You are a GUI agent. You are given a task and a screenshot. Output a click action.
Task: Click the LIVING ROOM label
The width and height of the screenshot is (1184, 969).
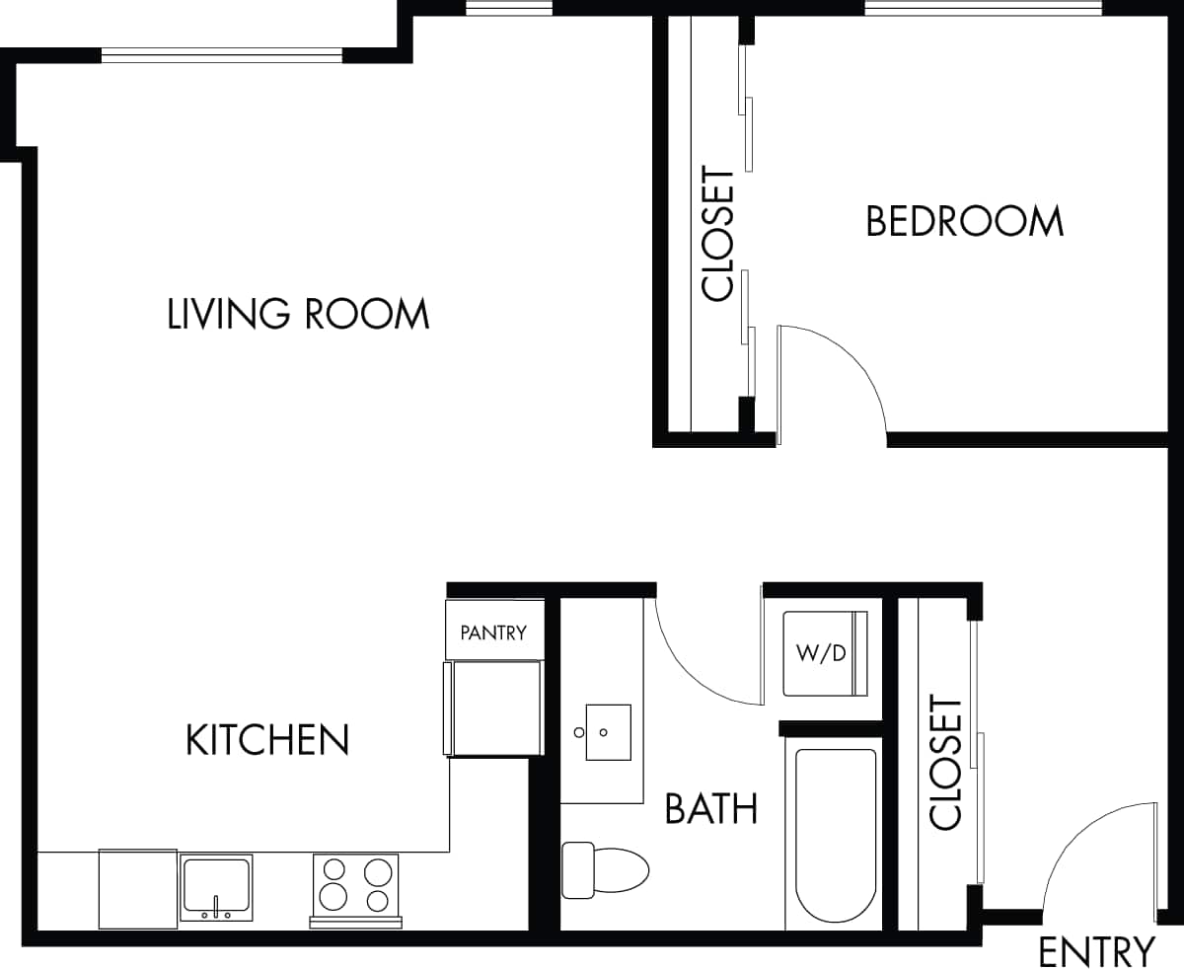pyautogui.click(x=298, y=314)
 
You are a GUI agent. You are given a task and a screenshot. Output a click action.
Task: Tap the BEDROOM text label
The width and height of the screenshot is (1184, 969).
pyautogui.click(x=964, y=221)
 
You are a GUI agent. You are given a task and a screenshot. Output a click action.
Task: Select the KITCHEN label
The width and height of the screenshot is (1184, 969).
pyautogui.click(x=267, y=739)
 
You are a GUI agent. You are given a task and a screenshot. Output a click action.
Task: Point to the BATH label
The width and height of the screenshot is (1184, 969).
pyautogui.click(x=711, y=808)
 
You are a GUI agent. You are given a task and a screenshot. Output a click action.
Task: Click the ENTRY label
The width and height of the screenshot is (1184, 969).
pyautogui.click(x=1095, y=952)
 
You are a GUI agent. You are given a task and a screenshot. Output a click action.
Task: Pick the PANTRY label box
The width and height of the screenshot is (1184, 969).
pyautogui.click(x=494, y=632)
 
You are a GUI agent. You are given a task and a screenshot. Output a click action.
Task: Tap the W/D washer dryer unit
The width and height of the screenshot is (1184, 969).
pyautogui.click(x=825, y=653)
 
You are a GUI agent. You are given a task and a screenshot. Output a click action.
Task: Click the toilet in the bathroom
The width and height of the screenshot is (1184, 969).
pyautogui.click(x=604, y=870)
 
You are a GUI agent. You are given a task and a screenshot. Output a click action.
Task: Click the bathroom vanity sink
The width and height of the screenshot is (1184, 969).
pyautogui.click(x=608, y=732)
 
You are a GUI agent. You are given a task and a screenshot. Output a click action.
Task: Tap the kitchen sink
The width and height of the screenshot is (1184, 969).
pyautogui.click(x=216, y=886)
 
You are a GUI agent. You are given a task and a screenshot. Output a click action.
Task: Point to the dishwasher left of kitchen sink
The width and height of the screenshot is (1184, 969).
pyautogui.click(x=137, y=888)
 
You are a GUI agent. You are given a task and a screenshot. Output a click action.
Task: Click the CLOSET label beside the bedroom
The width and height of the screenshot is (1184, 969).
pyautogui.click(x=718, y=235)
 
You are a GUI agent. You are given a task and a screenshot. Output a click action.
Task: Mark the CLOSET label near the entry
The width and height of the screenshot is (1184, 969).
pyautogui.click(x=945, y=764)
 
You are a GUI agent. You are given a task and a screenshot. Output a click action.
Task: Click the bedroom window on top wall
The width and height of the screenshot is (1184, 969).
pyautogui.click(x=983, y=9)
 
